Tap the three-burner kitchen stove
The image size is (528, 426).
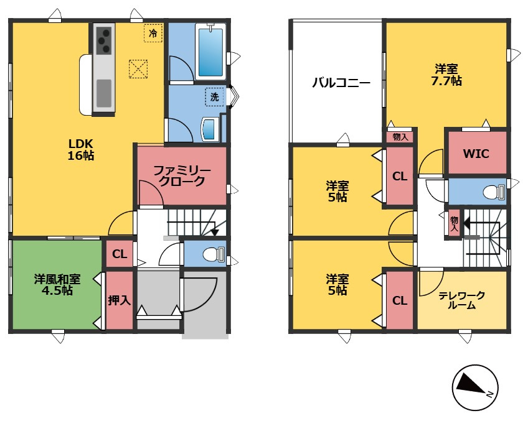pos(103,40)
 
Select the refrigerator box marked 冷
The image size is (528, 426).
pos(153,33)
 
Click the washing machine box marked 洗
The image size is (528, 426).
pos(214,96)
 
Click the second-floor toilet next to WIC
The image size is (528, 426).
pos(494,192)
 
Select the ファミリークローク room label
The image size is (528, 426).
pos(182,176)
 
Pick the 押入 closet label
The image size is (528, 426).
pos(119,300)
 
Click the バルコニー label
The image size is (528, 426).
pos(341,82)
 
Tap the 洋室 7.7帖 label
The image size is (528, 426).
pos(447,74)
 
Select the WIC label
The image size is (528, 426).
pos(476,154)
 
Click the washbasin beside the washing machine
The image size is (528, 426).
pos(209,129)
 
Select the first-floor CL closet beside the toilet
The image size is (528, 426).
pos(120,254)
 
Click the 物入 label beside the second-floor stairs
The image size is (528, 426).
pos(454,224)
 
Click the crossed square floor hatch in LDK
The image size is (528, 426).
pos(138,68)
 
